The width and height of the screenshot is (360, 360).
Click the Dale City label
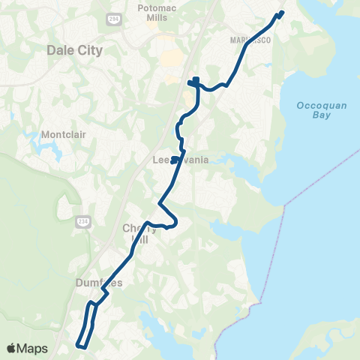(x=74, y=50)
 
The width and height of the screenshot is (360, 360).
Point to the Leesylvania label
(x=180, y=160)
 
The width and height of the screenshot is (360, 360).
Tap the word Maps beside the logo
(x=33, y=348)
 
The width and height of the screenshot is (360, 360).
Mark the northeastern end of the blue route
(x=283, y=12)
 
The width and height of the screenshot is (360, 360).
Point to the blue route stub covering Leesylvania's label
(x=174, y=159)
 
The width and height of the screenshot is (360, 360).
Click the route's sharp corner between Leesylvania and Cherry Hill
(x=159, y=203)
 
